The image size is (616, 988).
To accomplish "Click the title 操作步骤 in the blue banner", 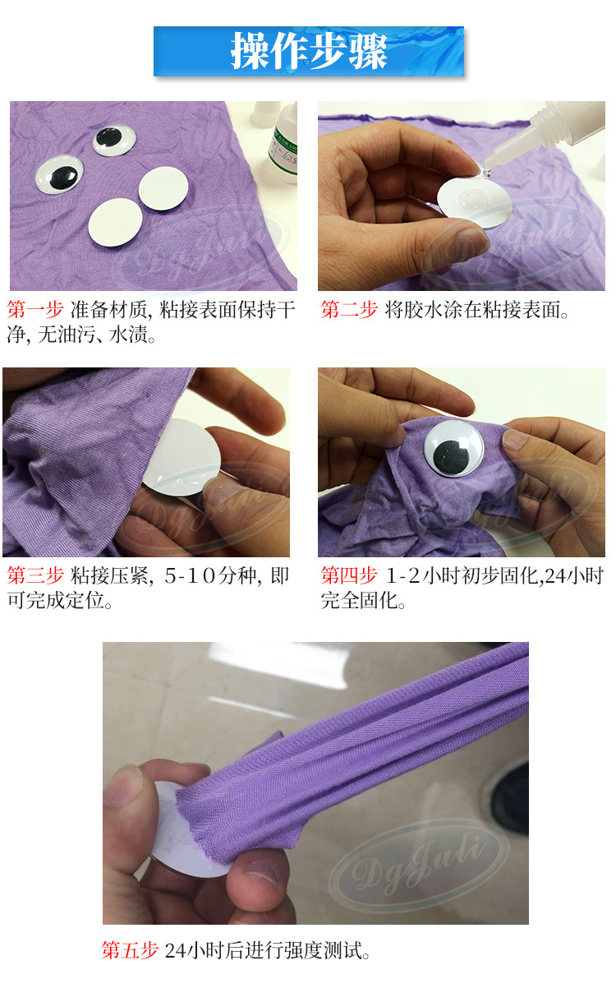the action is click(x=309, y=51).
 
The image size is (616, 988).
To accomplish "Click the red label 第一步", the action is click(x=34, y=310).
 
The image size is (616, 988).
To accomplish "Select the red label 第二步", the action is click(x=348, y=310).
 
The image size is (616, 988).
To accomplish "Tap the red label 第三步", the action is click(x=34, y=575).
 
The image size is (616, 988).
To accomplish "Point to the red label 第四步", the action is click(x=348, y=575).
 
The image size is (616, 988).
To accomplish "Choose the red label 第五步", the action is click(x=129, y=949).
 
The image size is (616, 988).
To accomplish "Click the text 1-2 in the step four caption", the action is click(x=402, y=575).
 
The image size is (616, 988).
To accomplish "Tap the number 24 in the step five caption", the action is click(x=176, y=950).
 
